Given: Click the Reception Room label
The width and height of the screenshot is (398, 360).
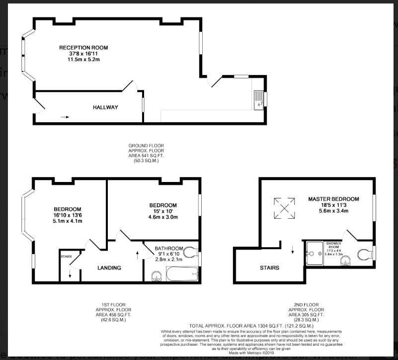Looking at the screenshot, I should pyautogui.click(x=83, y=48).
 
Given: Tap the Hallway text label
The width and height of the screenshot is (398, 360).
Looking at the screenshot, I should pyautogui.click(x=105, y=107).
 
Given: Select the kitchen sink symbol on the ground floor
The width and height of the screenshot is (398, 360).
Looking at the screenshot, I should pyautogui.click(x=258, y=100).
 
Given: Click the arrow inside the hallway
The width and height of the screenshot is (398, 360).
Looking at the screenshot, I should pyautogui.click(x=65, y=117).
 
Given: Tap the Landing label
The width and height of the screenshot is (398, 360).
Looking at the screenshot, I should pyautogui.click(x=109, y=268).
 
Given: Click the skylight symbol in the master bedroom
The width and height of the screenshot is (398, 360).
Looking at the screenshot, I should pyautogui.click(x=285, y=208).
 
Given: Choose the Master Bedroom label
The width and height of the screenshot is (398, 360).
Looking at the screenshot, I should pyautogui.click(x=333, y=199).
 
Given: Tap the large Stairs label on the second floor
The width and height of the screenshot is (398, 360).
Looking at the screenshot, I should pyautogui.click(x=269, y=268).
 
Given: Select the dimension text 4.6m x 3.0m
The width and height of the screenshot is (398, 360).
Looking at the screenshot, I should pyautogui.click(x=163, y=217).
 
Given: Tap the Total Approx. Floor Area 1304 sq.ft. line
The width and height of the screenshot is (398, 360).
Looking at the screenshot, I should pyautogui.click(x=242, y=326).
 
